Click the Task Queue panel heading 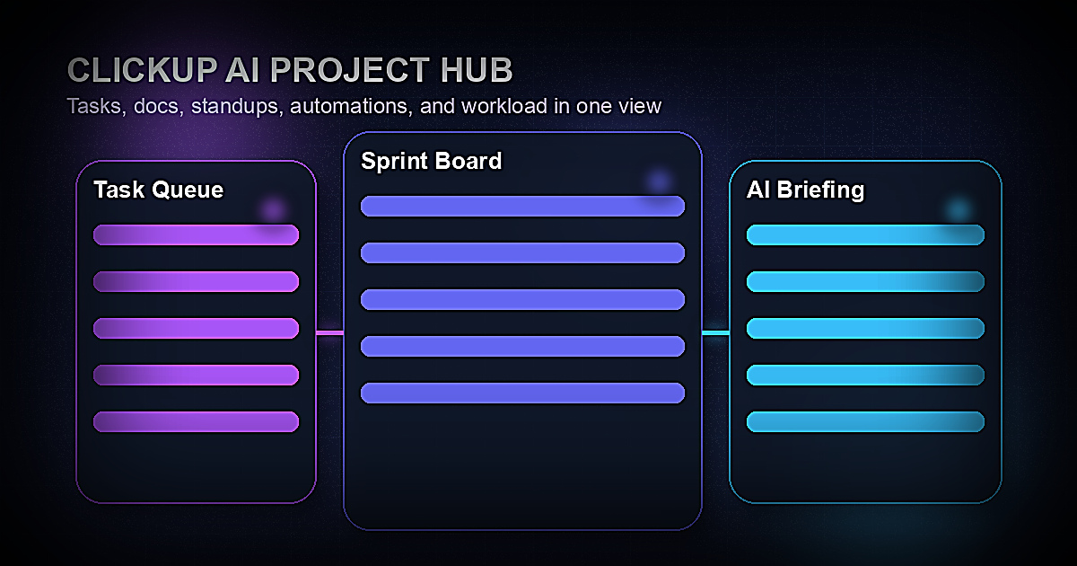pos(158,190)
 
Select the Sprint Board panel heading pos(431,161)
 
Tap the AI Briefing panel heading pos(805,190)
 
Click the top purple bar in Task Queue pos(196,235)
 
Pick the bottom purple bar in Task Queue pos(196,421)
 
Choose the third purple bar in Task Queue pos(196,329)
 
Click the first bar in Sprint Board pos(522,206)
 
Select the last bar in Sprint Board pos(522,393)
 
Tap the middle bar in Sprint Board pos(522,299)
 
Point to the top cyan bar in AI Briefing pos(865,235)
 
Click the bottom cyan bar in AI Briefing pos(865,421)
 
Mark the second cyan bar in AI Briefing pos(865,282)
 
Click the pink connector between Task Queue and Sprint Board pos(329,333)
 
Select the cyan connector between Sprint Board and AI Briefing pos(715,333)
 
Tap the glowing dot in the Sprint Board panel pos(660,181)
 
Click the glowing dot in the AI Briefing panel pos(959,209)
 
